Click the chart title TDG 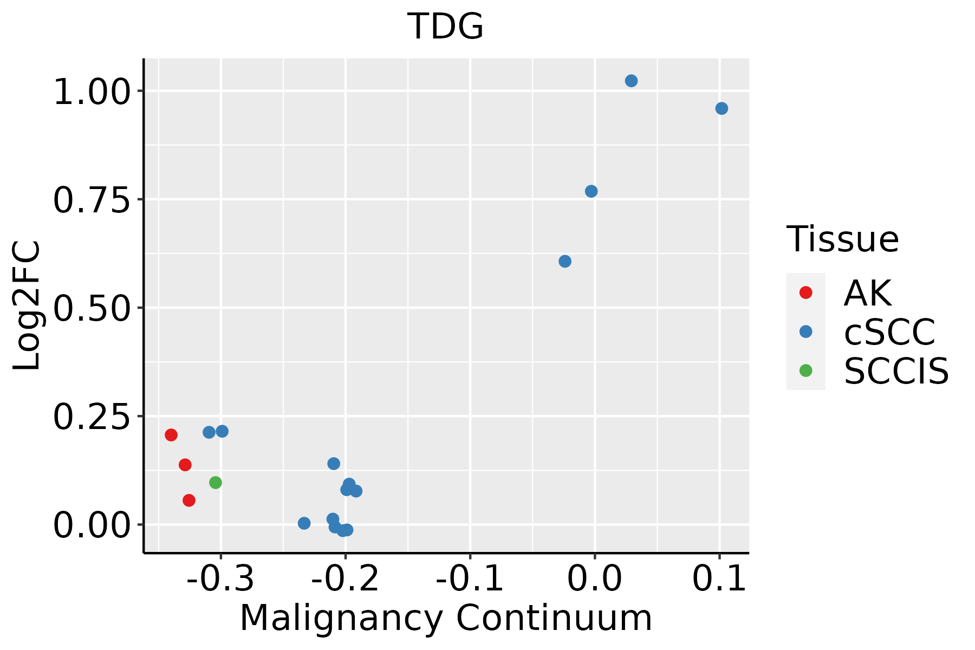click(x=445, y=26)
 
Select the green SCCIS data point click(x=216, y=483)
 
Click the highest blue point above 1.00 click(x=631, y=81)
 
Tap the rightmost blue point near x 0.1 click(x=721, y=108)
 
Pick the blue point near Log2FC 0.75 click(x=591, y=191)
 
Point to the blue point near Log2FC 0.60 click(x=565, y=261)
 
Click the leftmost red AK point click(x=171, y=435)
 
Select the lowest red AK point click(x=189, y=500)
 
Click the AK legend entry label click(x=867, y=293)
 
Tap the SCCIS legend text click(x=896, y=371)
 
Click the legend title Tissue click(x=842, y=239)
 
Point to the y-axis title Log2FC click(x=27, y=305)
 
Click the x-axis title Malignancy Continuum click(x=446, y=618)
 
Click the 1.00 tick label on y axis click(x=92, y=92)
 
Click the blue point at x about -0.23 click(x=304, y=523)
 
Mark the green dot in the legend click(x=806, y=370)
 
